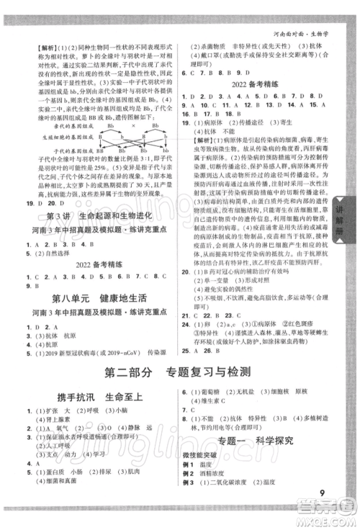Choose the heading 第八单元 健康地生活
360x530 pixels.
point(89,297)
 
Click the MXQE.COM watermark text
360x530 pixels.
point(332,523)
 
